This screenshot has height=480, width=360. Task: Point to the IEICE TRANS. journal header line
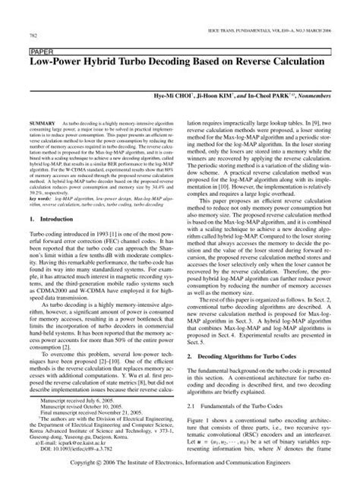[x=289, y=24]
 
